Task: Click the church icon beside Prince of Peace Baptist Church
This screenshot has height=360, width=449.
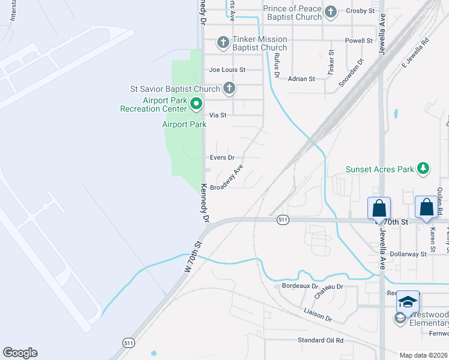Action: pyautogui.click(x=330, y=12)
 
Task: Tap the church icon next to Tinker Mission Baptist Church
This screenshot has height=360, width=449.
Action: pyautogui.click(x=223, y=42)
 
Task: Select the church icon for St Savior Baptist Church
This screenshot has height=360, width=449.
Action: pyautogui.click(x=228, y=88)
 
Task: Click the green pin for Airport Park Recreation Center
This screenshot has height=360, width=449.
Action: pyautogui.click(x=196, y=104)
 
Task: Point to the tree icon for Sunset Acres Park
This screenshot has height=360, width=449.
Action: pyautogui.click(x=423, y=169)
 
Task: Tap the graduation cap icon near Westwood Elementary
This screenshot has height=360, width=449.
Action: pyautogui.click(x=408, y=301)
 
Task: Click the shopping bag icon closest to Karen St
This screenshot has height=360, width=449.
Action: pyautogui.click(x=426, y=208)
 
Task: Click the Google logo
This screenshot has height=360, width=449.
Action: pyautogui.click(x=20, y=353)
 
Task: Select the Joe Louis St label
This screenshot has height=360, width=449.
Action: pyautogui.click(x=227, y=70)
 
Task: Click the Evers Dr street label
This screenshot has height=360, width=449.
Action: pyautogui.click(x=221, y=157)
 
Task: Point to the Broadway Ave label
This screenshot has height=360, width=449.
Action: pyautogui.click(x=226, y=178)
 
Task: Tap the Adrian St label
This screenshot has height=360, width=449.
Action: pyautogui.click(x=301, y=79)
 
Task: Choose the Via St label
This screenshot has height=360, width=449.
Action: pyautogui.click(x=217, y=115)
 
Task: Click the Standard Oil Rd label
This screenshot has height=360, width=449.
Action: pyautogui.click(x=321, y=340)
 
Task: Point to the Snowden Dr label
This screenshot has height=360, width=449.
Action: pyautogui.click(x=352, y=73)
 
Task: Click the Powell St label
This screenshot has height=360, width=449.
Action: pyautogui.click(x=359, y=41)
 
